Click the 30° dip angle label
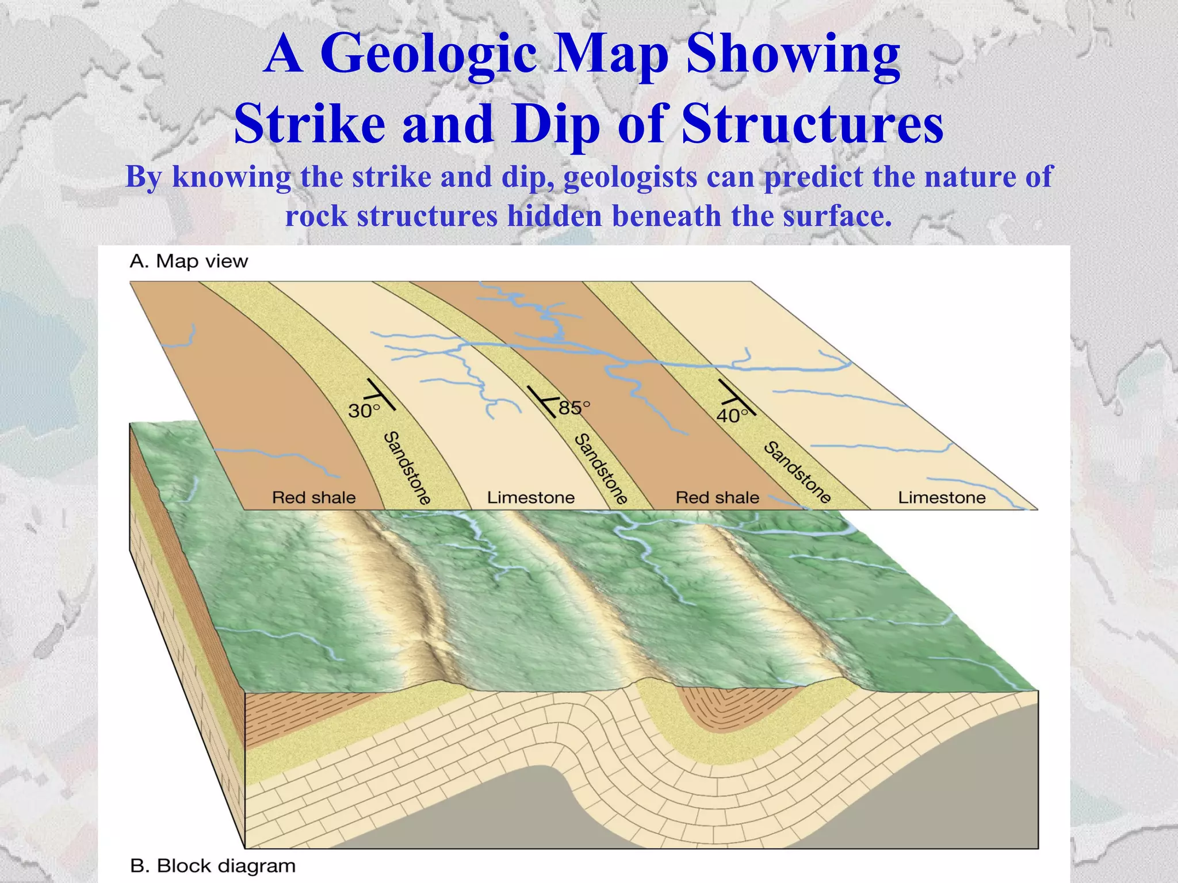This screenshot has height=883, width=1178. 364,411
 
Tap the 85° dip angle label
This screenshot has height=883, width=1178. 574,408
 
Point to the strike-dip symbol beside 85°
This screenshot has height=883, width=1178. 544,401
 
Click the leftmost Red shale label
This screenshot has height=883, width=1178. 313,497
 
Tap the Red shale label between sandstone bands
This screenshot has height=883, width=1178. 717,497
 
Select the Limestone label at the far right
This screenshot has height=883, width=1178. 942,497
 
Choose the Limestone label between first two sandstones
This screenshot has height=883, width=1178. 530,497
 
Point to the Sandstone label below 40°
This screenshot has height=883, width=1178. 797,472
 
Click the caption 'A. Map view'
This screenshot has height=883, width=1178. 189,262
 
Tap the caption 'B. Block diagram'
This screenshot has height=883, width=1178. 213,866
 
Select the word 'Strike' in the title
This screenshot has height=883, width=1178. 309,124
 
